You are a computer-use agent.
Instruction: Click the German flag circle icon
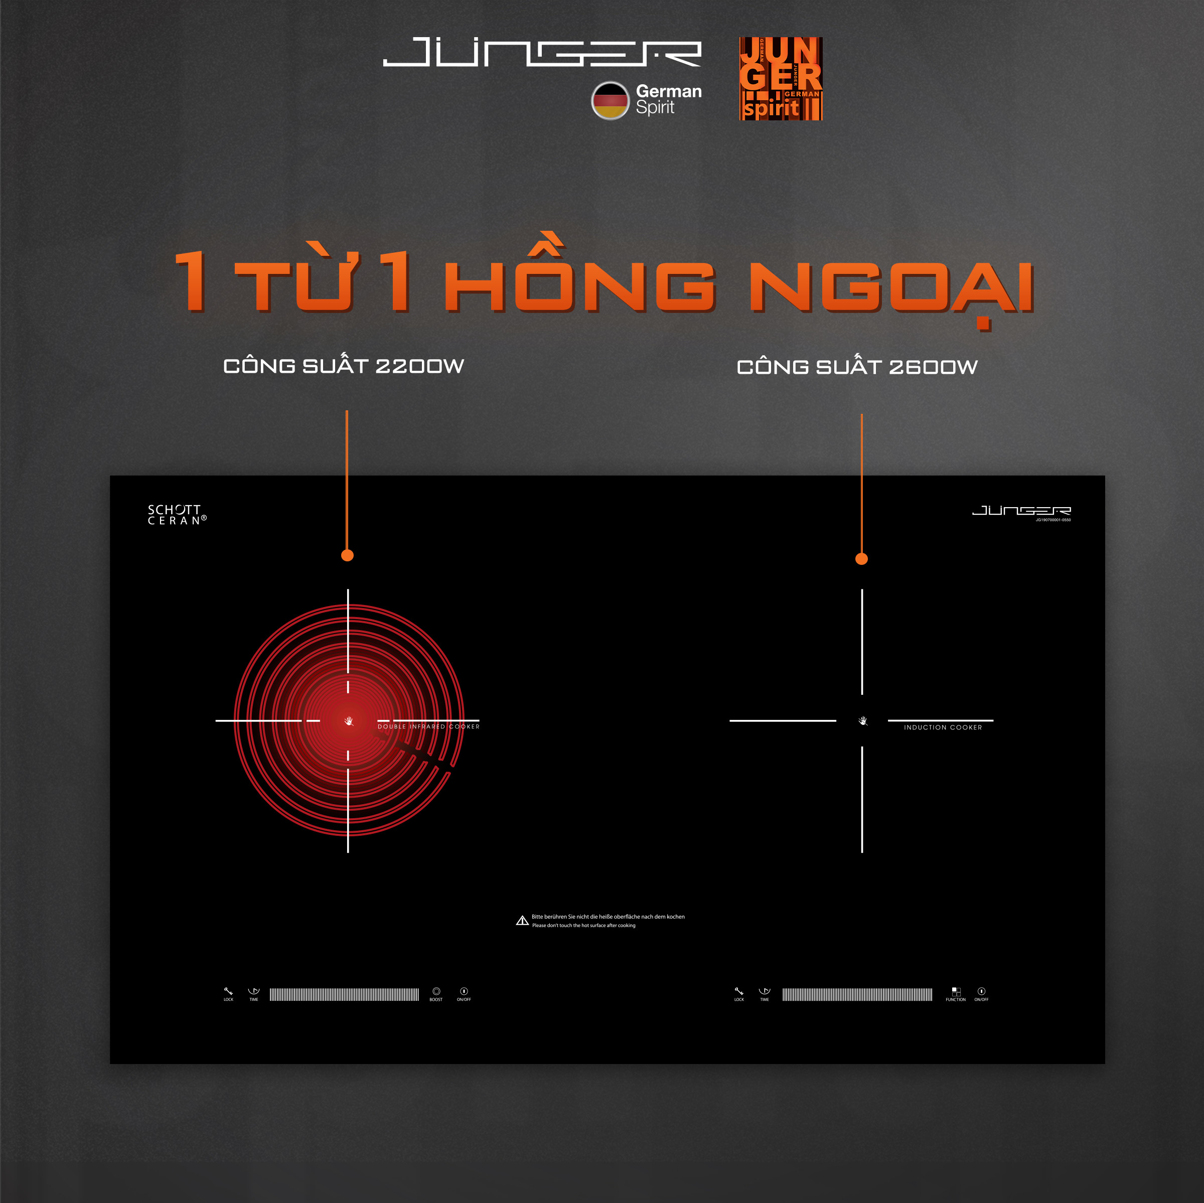pos(610,100)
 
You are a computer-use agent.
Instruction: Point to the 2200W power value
pos(419,366)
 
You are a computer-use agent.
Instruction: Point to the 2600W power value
pos(933,367)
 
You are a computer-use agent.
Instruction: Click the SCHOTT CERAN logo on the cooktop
pos(177,515)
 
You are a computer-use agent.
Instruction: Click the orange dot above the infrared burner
pos(348,555)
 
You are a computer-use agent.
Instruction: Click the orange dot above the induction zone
pos(861,559)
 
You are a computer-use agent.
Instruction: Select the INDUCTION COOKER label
pos(942,727)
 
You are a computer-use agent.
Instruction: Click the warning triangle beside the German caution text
pos(522,921)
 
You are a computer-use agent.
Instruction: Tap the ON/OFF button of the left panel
pos(464,992)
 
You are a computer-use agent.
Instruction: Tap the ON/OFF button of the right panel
pos(981,992)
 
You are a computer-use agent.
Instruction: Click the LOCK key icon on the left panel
pos(228,992)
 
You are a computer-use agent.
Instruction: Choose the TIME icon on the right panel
pos(764,992)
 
